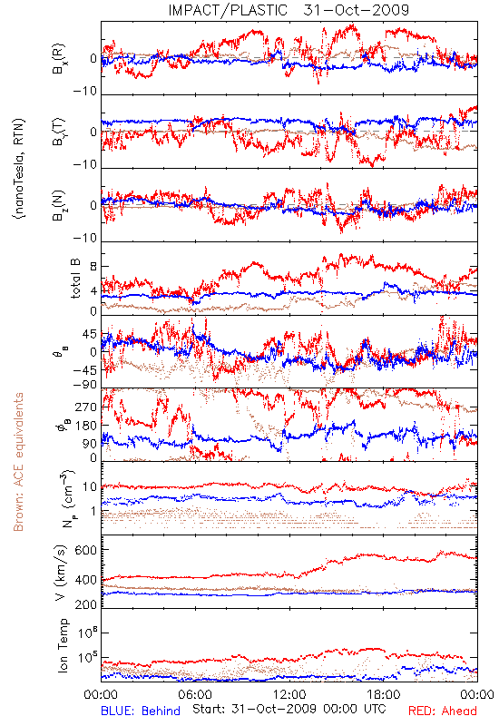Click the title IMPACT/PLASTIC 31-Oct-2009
[x=289, y=10]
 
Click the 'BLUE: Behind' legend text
[x=141, y=711]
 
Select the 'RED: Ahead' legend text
[x=443, y=711]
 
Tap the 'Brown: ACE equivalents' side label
[x=18, y=462]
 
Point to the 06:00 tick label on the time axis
[x=195, y=694]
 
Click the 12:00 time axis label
[x=289, y=694]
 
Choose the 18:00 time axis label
[x=384, y=694]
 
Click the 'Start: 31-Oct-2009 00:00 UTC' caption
[x=289, y=709]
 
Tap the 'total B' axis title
[x=75, y=279]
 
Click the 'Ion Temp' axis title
[x=63, y=645]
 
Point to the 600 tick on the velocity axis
[x=85, y=550]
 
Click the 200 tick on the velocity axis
[x=85, y=604]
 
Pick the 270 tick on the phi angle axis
[x=86, y=407]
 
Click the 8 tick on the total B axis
[x=93, y=266]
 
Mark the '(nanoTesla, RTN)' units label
[x=19, y=169]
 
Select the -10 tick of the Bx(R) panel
[x=85, y=92]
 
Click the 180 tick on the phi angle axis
[x=86, y=426]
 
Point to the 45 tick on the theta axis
[x=90, y=334]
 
